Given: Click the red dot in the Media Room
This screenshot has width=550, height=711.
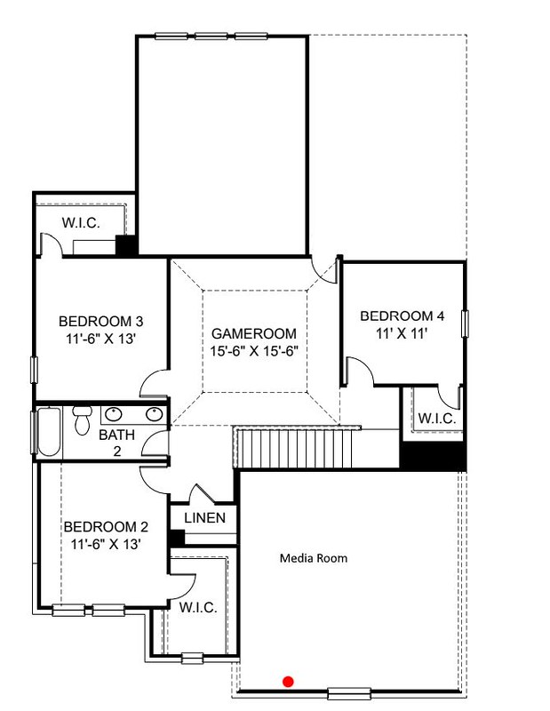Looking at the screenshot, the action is (x=288, y=681).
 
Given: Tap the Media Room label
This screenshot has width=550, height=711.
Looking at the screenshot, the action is (x=314, y=558).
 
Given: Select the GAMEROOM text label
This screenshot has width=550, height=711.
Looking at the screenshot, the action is (x=254, y=334).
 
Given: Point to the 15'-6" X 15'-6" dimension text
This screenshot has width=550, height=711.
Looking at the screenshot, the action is (x=254, y=351).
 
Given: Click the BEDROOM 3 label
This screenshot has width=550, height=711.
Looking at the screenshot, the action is (x=100, y=322).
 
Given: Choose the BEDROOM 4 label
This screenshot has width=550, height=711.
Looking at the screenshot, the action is (x=403, y=316).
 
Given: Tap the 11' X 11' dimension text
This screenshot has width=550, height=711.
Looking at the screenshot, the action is (x=402, y=333).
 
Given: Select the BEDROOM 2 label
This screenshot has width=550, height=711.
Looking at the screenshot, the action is (x=106, y=527).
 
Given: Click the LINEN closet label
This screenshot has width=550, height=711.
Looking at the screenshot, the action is (x=204, y=518).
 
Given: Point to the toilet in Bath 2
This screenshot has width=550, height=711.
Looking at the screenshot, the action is (x=82, y=419).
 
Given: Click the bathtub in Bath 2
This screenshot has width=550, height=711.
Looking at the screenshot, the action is (x=49, y=432).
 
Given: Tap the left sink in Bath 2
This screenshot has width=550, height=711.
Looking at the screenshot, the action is (x=114, y=414).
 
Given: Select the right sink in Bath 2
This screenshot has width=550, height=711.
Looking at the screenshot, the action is (x=155, y=414).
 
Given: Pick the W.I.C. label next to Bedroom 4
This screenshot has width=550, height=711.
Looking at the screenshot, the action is (x=436, y=418).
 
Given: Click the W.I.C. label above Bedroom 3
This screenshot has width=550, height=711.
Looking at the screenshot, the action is (x=81, y=223).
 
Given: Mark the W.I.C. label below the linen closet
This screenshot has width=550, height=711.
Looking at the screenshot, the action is (x=198, y=607).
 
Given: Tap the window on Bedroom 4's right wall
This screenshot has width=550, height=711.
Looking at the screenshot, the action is (x=465, y=324).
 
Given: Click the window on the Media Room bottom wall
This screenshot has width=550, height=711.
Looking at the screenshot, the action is (x=349, y=693).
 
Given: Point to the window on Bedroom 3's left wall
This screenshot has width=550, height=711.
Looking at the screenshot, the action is (x=34, y=370).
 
